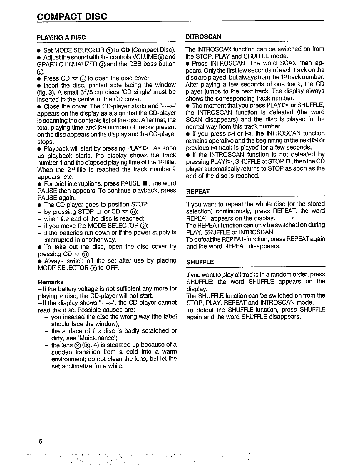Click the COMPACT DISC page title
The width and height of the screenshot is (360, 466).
pos(72,16)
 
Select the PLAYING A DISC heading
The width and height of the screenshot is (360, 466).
pos(61,37)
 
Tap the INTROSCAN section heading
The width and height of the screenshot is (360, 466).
pos(203,36)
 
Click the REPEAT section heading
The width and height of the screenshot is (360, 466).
pos(198,191)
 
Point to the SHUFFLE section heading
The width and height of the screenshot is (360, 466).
pos(200,262)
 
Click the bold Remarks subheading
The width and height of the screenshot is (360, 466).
pos(51,282)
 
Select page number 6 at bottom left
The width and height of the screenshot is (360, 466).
pos(40,441)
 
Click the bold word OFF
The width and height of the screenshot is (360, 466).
pos(112,268)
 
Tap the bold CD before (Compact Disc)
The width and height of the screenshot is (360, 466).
pos(125,50)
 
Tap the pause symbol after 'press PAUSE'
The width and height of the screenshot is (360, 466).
pos(144,184)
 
